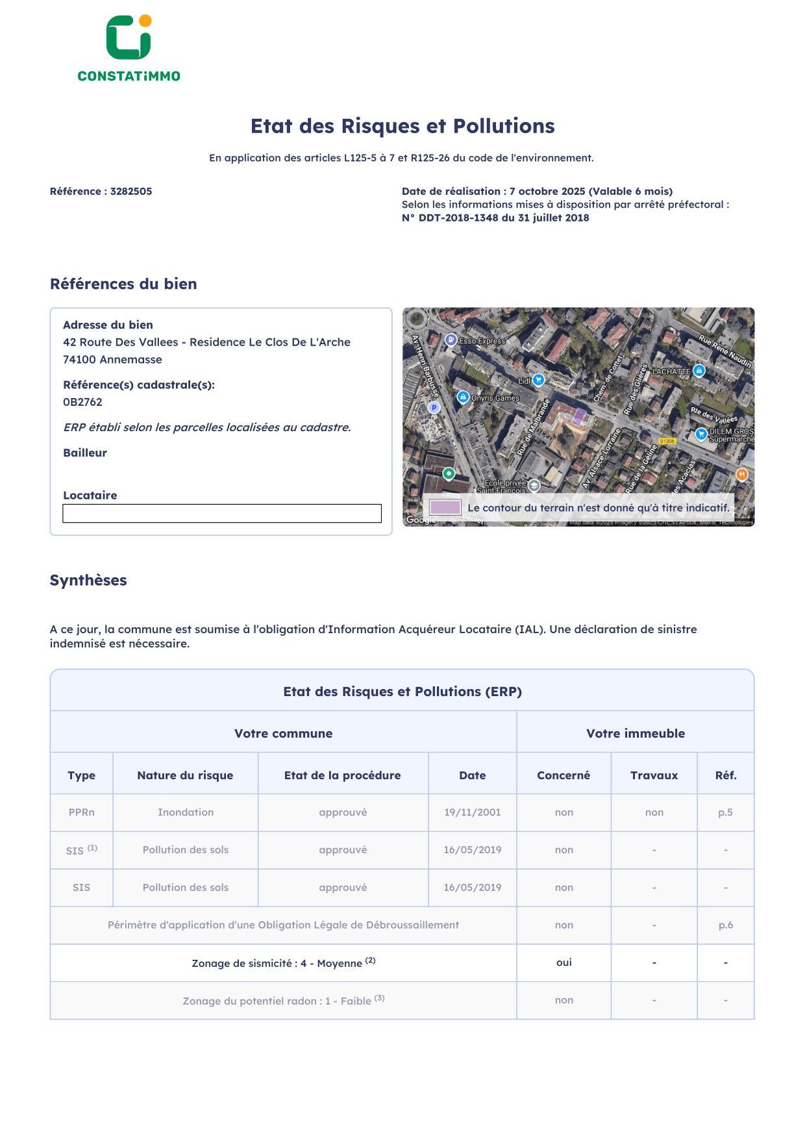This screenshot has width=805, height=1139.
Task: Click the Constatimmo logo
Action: [x=129, y=49]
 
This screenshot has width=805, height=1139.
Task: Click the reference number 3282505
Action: [x=130, y=192]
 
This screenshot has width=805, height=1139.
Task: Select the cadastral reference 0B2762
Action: [x=82, y=402]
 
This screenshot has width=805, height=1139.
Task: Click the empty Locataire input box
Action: [x=221, y=513]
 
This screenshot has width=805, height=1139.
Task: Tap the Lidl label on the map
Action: [x=525, y=381]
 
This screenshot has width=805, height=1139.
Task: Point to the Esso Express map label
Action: [x=481, y=341]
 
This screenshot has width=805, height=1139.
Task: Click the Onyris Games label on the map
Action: [x=495, y=398]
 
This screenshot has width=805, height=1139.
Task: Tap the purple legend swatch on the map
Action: [x=445, y=507]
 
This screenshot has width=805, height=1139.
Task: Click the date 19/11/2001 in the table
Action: [x=472, y=812]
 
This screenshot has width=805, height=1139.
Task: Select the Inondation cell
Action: [x=185, y=812]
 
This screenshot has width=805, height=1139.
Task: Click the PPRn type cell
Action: [x=81, y=812]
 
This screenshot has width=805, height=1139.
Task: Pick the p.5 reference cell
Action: [x=725, y=812]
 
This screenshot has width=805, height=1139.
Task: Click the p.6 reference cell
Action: [x=725, y=925]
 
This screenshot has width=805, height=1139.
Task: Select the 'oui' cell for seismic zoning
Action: [x=563, y=962]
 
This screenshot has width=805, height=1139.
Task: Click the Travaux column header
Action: [x=654, y=775]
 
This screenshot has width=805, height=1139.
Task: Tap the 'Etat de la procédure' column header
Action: [x=342, y=775]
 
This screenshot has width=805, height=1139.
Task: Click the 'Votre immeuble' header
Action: [x=635, y=734]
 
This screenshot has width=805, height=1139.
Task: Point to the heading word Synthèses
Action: [x=88, y=581]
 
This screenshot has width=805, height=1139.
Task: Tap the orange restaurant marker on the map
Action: [x=741, y=475]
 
